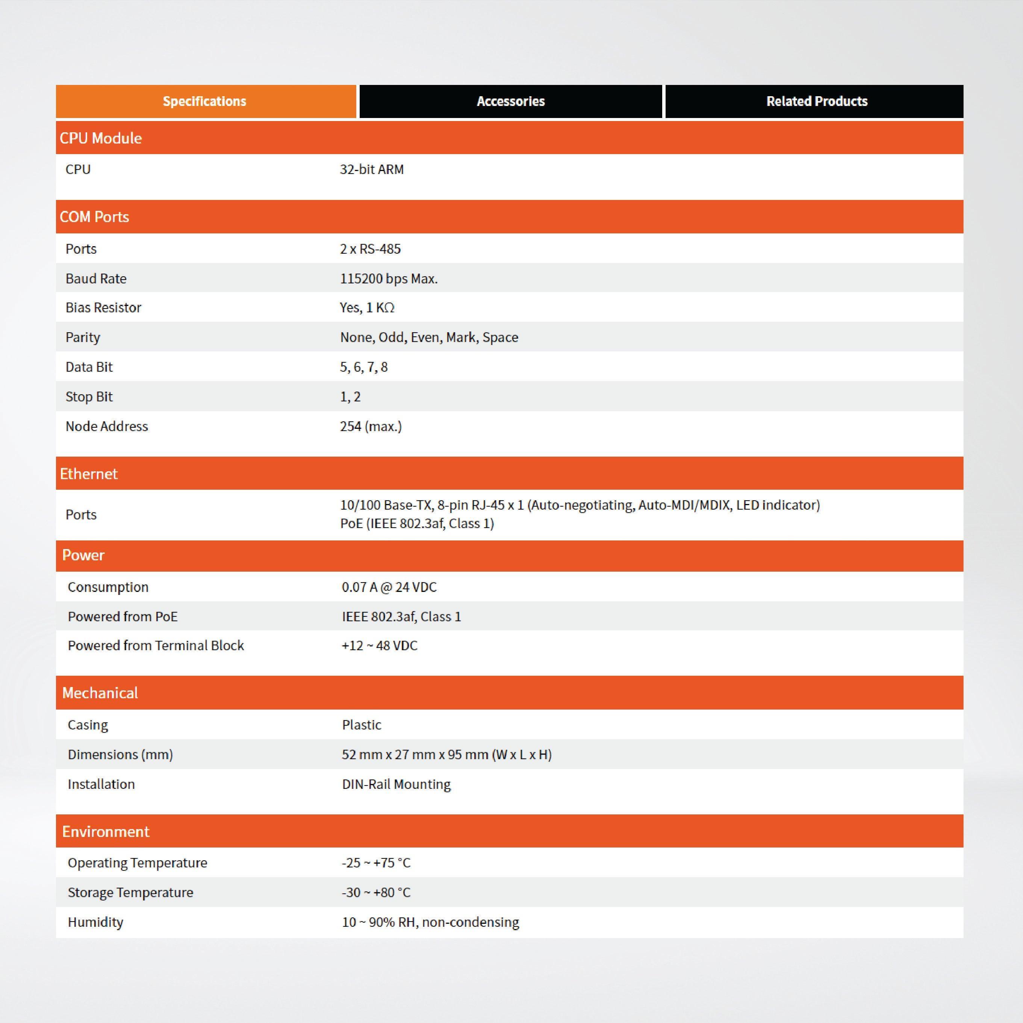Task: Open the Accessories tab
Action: [x=510, y=101]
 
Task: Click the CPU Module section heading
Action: [x=101, y=138]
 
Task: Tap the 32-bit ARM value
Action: [x=372, y=169]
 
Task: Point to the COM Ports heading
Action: [x=94, y=216]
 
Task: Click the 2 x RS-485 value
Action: [x=370, y=249]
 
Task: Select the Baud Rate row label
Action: [x=96, y=278]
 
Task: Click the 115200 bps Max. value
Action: [x=389, y=278]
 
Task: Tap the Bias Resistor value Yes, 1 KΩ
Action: [x=367, y=308]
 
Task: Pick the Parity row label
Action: [x=83, y=337]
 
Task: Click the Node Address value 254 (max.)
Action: [x=371, y=426]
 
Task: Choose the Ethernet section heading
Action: [x=88, y=474]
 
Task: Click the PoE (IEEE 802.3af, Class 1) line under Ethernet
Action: [x=417, y=524]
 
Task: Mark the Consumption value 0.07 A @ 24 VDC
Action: [x=389, y=587]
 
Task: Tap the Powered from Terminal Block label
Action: [x=156, y=645]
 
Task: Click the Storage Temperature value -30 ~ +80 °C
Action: [x=376, y=892]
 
